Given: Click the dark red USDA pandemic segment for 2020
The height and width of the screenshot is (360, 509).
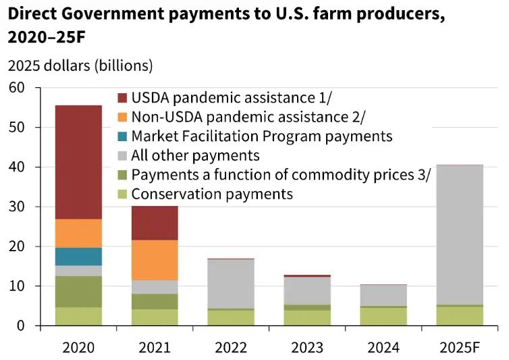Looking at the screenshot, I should pos(78,162).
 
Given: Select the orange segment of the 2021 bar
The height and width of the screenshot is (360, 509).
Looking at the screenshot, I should pos(155,260).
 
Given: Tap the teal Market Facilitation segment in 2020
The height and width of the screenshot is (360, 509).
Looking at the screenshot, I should pos(78,257).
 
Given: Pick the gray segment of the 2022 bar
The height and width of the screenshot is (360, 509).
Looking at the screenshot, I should pos(231,284).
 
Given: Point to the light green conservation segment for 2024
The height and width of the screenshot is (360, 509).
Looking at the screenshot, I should pos(383,317).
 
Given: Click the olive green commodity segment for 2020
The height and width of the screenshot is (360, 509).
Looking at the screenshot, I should pos(78,292).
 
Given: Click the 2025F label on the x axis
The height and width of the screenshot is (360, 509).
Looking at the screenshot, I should pos(460,348).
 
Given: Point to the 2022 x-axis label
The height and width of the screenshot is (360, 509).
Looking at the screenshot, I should pos(231,348).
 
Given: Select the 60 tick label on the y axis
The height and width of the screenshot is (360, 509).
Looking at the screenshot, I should pos(16,88).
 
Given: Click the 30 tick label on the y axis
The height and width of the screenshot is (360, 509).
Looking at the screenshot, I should pos(16,207).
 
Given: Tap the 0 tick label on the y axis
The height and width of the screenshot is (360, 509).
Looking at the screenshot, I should pos(20,326).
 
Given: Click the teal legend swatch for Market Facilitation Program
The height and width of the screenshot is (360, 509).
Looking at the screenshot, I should pos(122,136).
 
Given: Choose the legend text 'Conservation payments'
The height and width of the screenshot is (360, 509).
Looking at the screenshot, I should pos(212,195).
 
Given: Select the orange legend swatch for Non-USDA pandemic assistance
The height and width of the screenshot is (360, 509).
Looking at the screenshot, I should pos(122,117).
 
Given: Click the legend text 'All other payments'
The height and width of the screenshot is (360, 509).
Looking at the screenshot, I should pos(196,156).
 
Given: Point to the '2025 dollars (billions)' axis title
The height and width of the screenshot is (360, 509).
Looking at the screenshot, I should pos(80,66).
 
